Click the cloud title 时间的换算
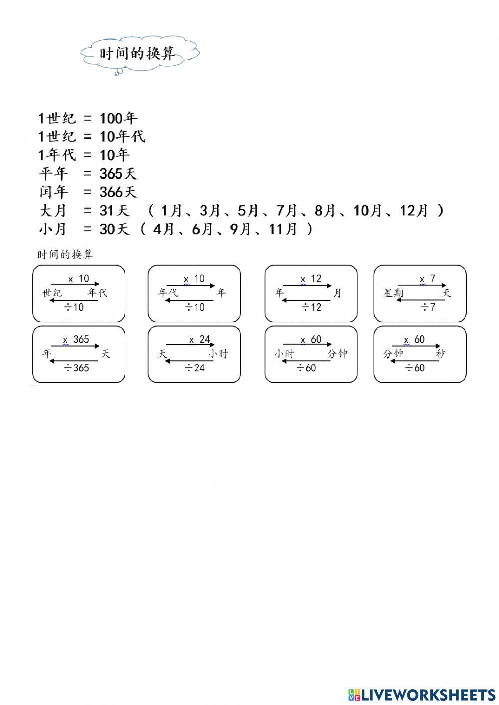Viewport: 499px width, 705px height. pos(137,53)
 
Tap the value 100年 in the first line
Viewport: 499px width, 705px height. pos(119,119)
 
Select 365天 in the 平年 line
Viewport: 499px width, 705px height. pos(118,174)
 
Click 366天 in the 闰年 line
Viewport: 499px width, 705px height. pos(118,192)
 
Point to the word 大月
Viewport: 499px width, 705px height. pos(52,210)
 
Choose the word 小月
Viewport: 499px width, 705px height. pos(52,229)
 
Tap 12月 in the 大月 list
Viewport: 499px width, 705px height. pos(414,210)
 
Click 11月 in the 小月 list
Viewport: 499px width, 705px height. pos(283,229)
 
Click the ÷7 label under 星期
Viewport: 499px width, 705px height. pos(428,307)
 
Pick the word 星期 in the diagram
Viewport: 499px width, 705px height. pos(393,293)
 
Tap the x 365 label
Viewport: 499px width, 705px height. pos(76,340)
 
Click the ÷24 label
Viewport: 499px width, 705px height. pos(194,368)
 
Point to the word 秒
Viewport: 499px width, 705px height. pos(440,354)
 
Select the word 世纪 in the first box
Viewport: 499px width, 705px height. pos(52,293)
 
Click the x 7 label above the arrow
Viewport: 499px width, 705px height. pos(428,278)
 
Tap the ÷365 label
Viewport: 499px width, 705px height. pos(76,368)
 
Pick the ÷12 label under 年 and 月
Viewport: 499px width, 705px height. pos(311,307)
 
